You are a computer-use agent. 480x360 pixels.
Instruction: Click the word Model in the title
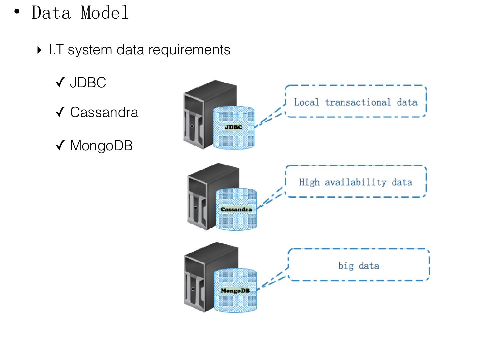105,13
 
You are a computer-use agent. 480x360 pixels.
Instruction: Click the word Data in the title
51,13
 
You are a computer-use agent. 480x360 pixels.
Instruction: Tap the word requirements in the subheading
189,50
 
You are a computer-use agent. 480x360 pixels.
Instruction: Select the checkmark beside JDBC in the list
60,82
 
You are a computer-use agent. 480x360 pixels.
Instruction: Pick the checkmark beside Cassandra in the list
60,112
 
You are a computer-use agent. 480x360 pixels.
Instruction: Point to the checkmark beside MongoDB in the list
60,145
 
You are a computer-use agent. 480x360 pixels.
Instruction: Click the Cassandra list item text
104,112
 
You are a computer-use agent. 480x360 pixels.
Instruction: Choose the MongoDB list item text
101,146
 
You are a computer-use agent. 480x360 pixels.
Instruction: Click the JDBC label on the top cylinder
233,127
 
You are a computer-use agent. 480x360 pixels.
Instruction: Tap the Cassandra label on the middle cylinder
236,209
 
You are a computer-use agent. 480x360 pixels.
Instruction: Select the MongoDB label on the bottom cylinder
235,291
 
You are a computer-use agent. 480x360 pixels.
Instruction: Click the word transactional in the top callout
358,102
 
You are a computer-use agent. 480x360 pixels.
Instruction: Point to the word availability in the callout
355,182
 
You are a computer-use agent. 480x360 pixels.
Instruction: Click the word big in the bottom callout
346,266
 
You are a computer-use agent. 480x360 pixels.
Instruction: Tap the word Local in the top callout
306,102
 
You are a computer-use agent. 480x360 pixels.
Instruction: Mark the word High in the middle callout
309,182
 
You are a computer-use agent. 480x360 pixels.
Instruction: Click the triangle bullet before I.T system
39,50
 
